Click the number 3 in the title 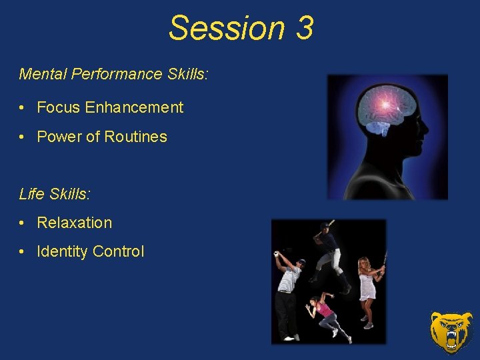point(302,29)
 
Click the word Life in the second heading point(31,194)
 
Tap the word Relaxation point(75,223)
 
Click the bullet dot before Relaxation point(23,223)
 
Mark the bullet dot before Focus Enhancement point(23,108)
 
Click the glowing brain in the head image point(385,107)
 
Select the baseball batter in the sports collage point(329,253)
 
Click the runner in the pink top point(325,313)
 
